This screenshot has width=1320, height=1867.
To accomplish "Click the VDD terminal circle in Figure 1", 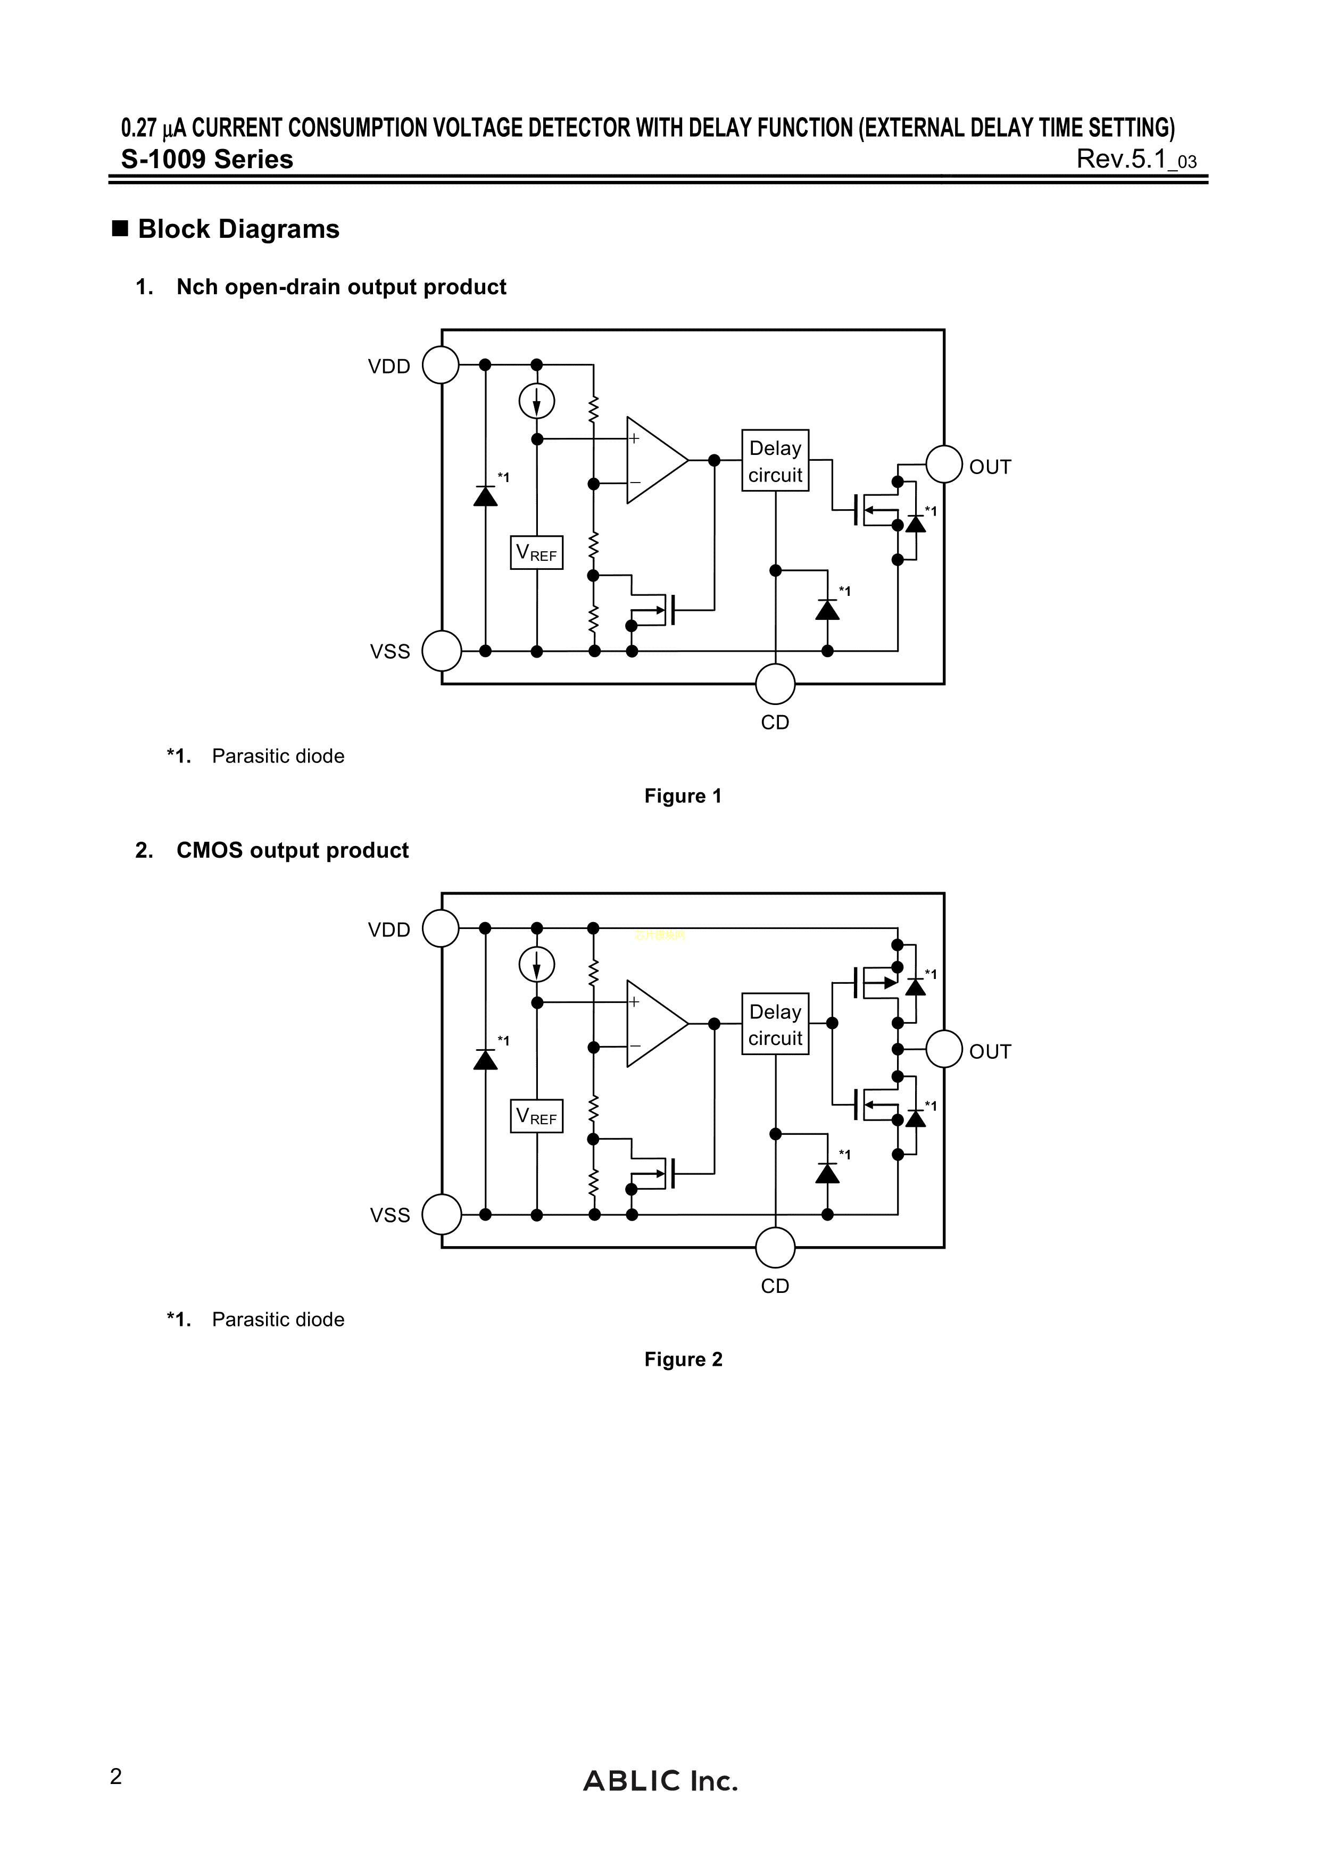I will [441, 365].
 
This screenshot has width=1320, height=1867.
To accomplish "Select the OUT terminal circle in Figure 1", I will [944, 464].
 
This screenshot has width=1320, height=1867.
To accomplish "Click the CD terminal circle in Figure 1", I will [775, 683].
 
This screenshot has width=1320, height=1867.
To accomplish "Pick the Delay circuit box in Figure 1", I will [775, 460].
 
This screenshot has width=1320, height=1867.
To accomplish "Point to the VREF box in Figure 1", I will [537, 553].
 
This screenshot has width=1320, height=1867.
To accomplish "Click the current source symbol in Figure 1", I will [537, 400].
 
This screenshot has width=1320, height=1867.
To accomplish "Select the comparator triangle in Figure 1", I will [653, 460].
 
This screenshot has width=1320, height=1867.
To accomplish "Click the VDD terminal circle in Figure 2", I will [441, 928].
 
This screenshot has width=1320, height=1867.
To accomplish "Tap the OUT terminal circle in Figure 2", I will [944, 1049].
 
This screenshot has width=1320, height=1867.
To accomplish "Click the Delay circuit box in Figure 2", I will [775, 1024].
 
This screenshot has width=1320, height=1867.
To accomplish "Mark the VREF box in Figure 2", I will [537, 1116].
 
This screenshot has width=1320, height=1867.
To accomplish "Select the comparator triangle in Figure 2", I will [653, 1024].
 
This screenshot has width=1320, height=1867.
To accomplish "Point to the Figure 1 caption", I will [683, 796].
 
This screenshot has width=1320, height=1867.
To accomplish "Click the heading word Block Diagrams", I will [238, 229].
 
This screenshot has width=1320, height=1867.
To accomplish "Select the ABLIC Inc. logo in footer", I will [660, 1781].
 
